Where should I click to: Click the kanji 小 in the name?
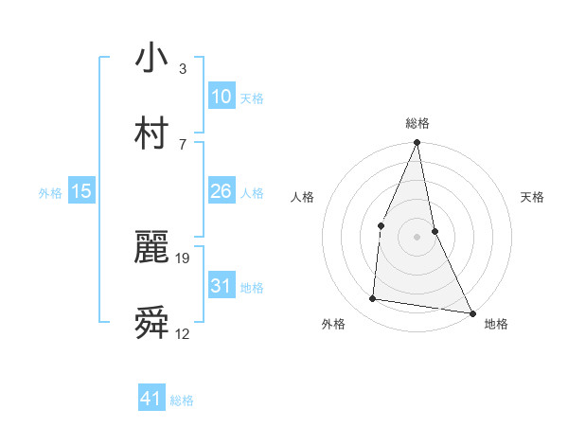coord(151,59)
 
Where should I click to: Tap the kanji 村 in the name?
coord(151,133)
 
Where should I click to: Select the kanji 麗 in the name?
coord(151,248)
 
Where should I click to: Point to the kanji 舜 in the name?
coord(151,323)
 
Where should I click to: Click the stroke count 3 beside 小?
coord(183,69)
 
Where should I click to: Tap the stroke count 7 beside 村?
coord(183,144)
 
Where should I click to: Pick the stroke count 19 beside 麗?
coord(184,258)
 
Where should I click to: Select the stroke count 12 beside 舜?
coord(183,333)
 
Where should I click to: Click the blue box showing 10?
coord(221,97)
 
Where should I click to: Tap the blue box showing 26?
coord(221,191)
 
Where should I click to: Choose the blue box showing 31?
coord(221,286)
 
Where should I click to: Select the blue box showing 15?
coord(81,191)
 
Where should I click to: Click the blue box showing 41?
coord(151,399)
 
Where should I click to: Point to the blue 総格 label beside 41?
coord(182,400)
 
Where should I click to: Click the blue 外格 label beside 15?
coord(50,193)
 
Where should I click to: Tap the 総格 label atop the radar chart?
coord(417,123)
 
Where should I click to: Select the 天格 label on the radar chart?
coord(533,197)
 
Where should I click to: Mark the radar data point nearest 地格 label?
coord(471,312)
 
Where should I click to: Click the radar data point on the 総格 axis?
coord(417,143)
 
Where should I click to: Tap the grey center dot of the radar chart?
coord(417,237)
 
